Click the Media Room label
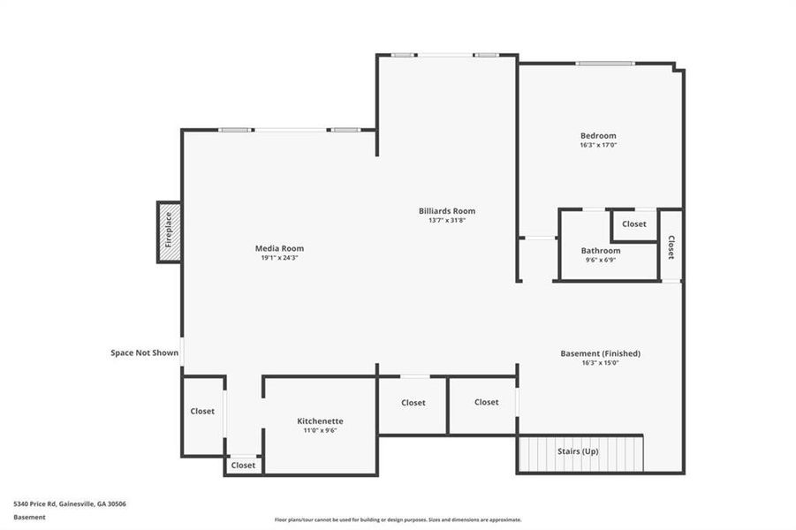point(279,248)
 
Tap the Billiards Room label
point(447,211)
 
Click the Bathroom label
point(601,250)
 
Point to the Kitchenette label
point(320,420)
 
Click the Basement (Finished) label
point(600,353)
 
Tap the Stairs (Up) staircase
point(580,452)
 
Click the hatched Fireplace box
point(169,231)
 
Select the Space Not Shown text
point(144,352)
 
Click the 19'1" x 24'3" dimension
point(279,258)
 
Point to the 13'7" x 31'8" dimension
point(447,221)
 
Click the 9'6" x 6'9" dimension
point(601,260)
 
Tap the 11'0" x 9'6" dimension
point(320,430)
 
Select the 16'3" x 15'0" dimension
point(600,363)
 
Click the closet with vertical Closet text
point(671,246)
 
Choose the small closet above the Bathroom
point(633,224)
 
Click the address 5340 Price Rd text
point(70,503)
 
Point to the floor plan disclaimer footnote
point(398,519)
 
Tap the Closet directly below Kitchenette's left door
point(243,465)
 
